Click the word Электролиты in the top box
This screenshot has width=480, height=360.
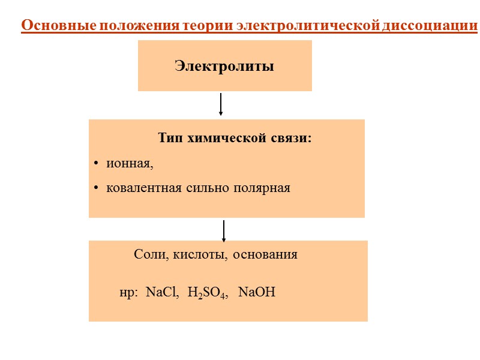tap(224, 66)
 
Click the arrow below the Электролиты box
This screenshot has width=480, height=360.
tap(221, 104)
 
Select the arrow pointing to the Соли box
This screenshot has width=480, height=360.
tap(224, 231)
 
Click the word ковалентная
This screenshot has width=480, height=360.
tap(143, 188)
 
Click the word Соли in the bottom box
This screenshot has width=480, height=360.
tap(147, 254)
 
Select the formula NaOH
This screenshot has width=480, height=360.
tap(257, 293)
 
